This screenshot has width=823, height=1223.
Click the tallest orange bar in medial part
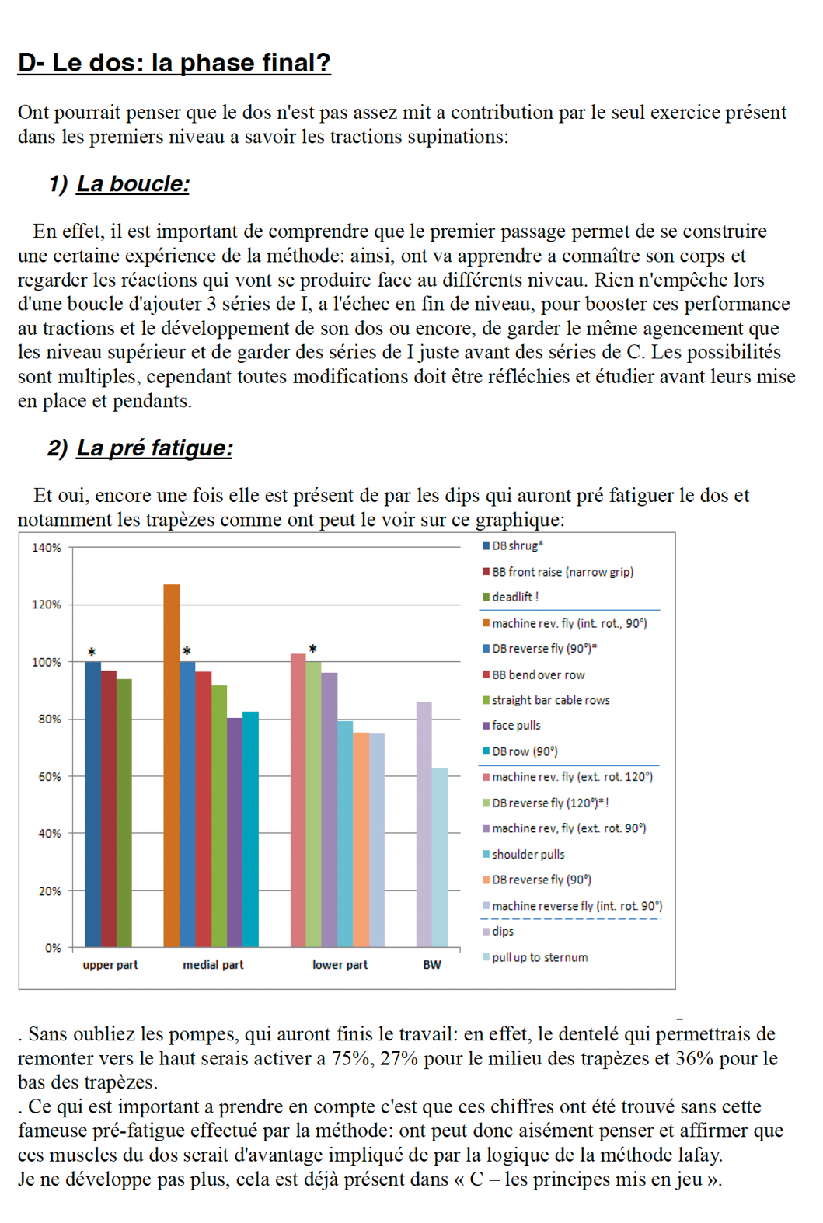click(x=172, y=765)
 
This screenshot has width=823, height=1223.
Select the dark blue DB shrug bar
click(x=92, y=804)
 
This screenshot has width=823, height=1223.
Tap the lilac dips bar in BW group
click(x=424, y=824)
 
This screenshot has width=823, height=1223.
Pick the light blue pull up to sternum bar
click(x=440, y=858)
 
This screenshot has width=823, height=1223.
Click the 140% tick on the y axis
click(x=47, y=548)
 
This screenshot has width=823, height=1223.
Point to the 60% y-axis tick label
click(x=49, y=777)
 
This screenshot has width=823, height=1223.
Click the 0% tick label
click(x=52, y=949)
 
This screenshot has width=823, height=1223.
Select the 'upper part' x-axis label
click(x=110, y=965)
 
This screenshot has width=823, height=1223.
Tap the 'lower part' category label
click(x=340, y=965)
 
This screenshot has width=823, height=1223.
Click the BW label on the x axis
click(x=432, y=965)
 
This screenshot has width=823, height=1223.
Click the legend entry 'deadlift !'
click(x=511, y=598)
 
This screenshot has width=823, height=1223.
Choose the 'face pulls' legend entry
click(x=511, y=726)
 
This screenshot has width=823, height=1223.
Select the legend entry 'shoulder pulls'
click(x=524, y=855)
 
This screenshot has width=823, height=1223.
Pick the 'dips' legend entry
click(x=498, y=932)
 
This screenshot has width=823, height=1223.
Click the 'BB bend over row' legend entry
click(x=534, y=675)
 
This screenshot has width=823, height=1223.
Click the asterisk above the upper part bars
click(x=92, y=652)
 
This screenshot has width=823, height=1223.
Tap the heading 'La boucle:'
click(x=133, y=184)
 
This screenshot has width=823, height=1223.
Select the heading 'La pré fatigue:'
click(x=155, y=448)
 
